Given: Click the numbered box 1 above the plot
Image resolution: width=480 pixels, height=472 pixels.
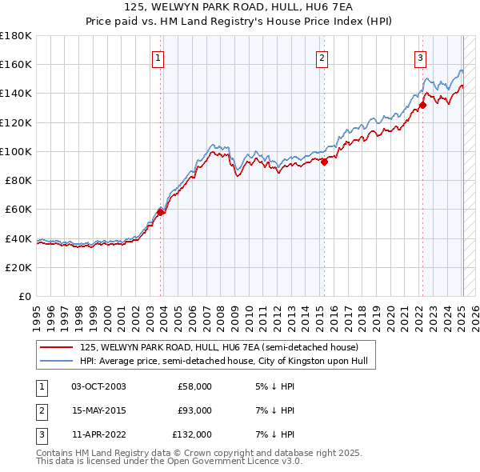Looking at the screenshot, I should (x=158, y=57).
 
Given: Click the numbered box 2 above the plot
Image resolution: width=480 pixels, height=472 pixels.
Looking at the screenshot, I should (x=322, y=57).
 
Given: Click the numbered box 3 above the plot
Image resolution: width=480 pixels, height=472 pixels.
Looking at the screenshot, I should (x=420, y=57).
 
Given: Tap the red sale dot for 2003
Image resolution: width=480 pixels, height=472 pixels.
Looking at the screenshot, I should (x=161, y=212).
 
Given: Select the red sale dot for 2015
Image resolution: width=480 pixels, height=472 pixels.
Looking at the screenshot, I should (x=325, y=162).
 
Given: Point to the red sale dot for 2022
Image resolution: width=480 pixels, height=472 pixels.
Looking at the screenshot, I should (x=422, y=105).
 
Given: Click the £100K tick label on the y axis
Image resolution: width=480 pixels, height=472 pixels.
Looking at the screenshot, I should (x=16, y=151).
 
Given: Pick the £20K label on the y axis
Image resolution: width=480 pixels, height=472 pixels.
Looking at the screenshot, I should (x=18, y=267).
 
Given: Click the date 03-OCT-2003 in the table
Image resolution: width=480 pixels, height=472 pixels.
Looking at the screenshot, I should (x=98, y=386).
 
